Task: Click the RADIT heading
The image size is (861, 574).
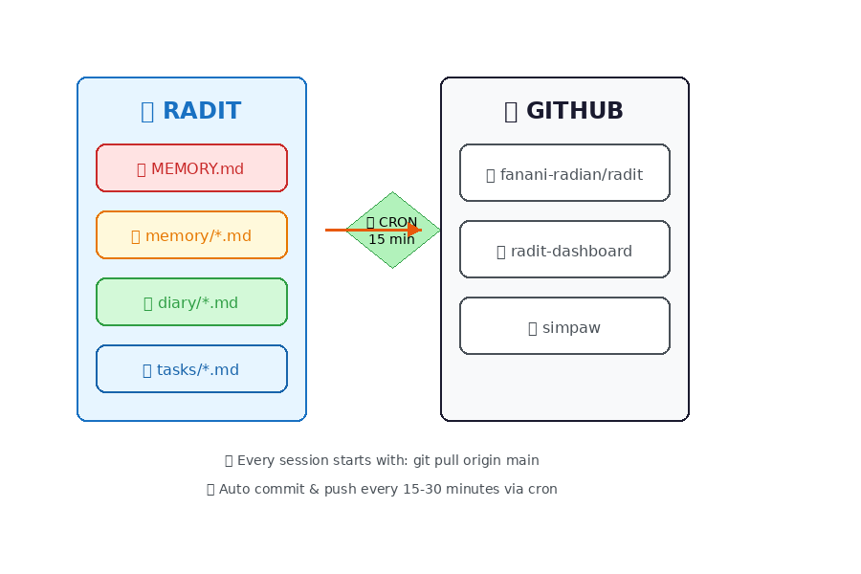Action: click(x=201, y=111)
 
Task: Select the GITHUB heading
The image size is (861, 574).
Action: click(x=574, y=111)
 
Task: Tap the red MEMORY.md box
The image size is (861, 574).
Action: click(x=191, y=167)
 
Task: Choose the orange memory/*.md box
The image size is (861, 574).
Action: click(x=191, y=234)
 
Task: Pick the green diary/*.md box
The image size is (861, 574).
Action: click(x=191, y=301)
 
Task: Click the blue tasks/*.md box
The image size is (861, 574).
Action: click(x=191, y=368)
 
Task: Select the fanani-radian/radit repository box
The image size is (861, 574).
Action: click(x=564, y=173)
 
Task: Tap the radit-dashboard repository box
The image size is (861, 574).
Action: click(x=564, y=250)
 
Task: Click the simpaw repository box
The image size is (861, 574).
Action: click(x=564, y=326)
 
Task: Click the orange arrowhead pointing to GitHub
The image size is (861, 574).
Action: click(x=414, y=230)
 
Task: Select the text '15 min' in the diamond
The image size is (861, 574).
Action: click(x=392, y=240)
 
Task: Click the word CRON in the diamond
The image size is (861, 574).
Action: click(x=398, y=222)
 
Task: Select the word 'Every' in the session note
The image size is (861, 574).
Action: click(x=254, y=460)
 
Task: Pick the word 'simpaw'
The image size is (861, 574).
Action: click(x=571, y=328)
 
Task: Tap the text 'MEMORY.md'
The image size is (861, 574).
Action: click(x=197, y=169)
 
